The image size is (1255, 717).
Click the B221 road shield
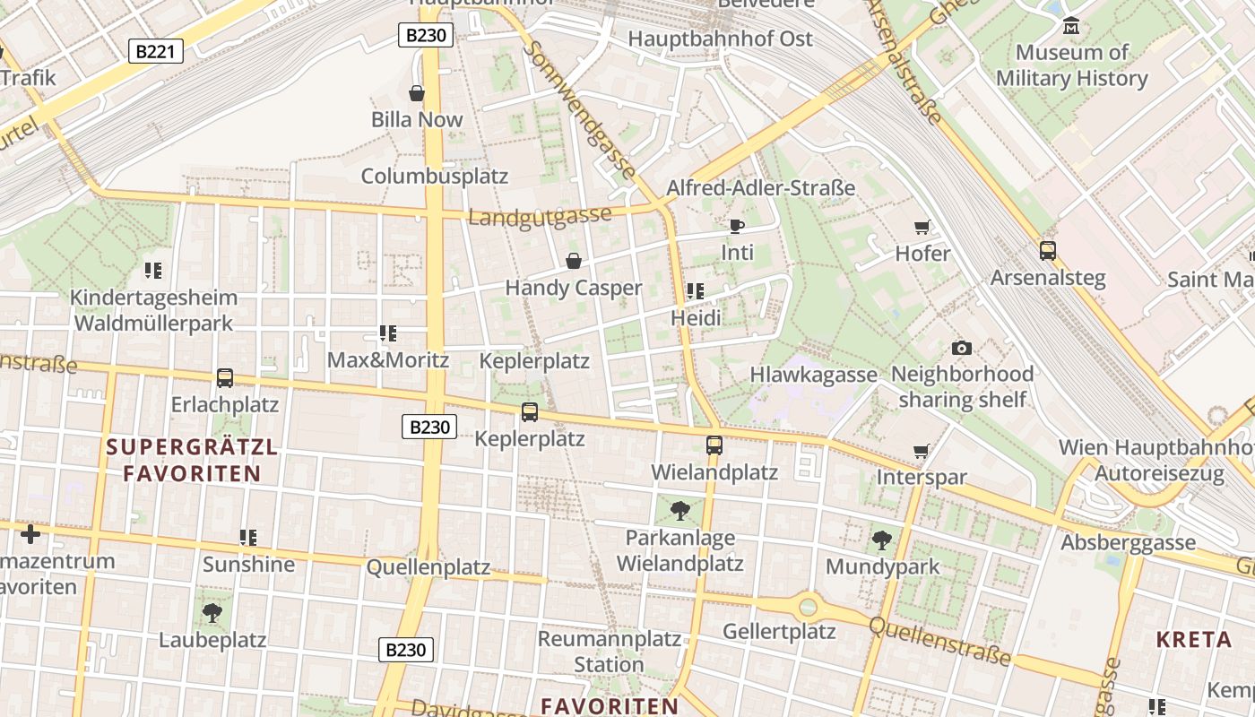click(x=155, y=51)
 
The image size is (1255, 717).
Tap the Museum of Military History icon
click(x=1070, y=27)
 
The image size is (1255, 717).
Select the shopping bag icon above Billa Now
click(x=417, y=93)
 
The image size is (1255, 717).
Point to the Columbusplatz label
click(x=434, y=176)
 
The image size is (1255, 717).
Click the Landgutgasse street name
click(x=540, y=217)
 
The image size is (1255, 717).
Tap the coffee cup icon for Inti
click(x=737, y=226)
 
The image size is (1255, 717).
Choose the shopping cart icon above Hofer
click(x=922, y=228)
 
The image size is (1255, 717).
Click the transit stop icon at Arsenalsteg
click(x=1047, y=251)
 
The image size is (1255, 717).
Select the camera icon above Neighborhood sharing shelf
click(x=962, y=348)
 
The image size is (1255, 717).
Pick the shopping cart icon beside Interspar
click(x=921, y=451)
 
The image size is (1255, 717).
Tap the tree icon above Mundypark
click(x=882, y=540)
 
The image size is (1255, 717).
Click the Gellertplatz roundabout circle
click(x=809, y=607)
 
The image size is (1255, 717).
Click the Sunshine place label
click(x=248, y=564)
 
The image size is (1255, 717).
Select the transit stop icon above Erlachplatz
click(x=225, y=378)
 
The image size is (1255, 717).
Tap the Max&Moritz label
click(x=387, y=360)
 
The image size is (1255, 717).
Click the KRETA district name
click(x=1193, y=640)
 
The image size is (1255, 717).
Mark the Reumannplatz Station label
click(x=609, y=652)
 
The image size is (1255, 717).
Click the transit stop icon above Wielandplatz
click(x=714, y=445)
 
